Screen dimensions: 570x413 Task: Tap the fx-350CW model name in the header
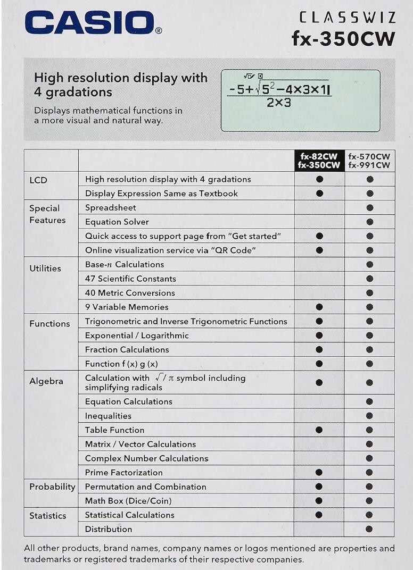pyautogui.click(x=343, y=38)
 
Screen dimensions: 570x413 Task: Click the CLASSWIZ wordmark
pyautogui.click(x=347, y=18)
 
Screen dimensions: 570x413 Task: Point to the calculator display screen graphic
pyautogui.click(x=301, y=100)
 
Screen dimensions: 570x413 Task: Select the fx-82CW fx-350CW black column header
pyautogui.click(x=319, y=161)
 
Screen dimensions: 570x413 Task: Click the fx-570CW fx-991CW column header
pyautogui.click(x=369, y=161)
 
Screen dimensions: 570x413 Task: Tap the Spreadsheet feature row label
pyautogui.click(x=111, y=207)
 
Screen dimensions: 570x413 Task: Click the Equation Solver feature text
pyautogui.click(x=117, y=222)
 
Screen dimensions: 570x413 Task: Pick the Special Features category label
pyautogui.click(x=47, y=214)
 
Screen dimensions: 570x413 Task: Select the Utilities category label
pyautogui.click(x=45, y=269)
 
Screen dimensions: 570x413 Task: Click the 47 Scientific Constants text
pyautogui.click(x=130, y=279)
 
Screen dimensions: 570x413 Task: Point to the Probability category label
pyautogui.click(x=52, y=487)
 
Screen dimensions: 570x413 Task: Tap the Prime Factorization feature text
pyautogui.click(x=124, y=473)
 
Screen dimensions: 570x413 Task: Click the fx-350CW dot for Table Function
pyautogui.click(x=319, y=430)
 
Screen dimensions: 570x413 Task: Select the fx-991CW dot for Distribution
pyautogui.click(x=369, y=529)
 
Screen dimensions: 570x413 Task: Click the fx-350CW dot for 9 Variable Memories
pyautogui.click(x=319, y=307)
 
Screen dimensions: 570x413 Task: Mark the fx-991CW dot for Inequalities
pyautogui.click(x=369, y=416)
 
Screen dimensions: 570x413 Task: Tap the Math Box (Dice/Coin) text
pyautogui.click(x=128, y=501)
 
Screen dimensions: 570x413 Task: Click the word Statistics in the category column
pyautogui.click(x=48, y=516)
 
